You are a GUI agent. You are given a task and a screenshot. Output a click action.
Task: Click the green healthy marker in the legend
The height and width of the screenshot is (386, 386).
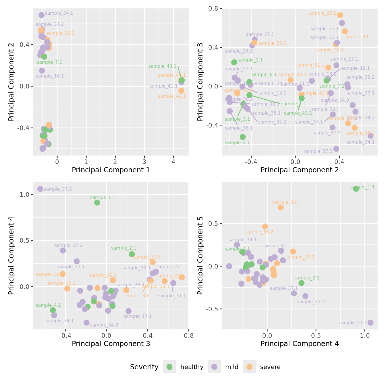click(169, 367)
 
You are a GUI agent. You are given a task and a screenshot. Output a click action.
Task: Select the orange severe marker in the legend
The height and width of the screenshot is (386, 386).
click(249, 367)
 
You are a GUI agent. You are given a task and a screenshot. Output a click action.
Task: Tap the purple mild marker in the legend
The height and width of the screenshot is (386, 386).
click(214, 367)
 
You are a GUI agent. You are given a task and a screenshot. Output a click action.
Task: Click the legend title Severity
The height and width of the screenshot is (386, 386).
click(144, 367)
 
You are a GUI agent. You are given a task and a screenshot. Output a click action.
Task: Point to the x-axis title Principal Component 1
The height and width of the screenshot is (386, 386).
click(111, 170)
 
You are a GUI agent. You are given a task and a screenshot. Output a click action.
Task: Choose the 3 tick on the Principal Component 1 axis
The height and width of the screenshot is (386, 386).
click(144, 162)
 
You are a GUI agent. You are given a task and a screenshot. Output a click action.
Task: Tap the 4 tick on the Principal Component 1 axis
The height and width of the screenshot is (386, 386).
click(173, 162)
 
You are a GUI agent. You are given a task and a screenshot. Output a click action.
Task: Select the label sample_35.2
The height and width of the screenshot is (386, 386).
click(272, 122)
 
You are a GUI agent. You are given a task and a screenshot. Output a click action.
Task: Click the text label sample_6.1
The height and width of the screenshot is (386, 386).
click(264, 75)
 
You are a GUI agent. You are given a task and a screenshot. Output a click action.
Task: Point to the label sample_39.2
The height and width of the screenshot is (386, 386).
click(360, 77)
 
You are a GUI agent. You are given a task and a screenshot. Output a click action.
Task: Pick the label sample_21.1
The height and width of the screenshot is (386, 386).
click(310, 65)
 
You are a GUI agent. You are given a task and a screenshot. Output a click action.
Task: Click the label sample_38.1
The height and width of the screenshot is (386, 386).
click(239, 128)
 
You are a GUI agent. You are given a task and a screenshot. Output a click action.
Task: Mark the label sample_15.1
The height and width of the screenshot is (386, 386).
click(272, 93)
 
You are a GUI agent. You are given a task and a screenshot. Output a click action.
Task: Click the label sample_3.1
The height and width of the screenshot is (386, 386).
click(237, 119)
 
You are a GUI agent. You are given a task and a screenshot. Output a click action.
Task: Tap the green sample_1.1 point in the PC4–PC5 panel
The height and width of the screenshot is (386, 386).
click(356, 189)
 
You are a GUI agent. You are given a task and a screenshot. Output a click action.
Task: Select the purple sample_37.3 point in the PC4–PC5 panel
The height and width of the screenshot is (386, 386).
click(370, 323)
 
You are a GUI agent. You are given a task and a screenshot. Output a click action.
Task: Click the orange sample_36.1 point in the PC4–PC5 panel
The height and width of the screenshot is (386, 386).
click(281, 207)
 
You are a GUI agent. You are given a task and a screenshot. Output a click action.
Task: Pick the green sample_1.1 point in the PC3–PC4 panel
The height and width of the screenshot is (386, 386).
click(97, 202)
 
